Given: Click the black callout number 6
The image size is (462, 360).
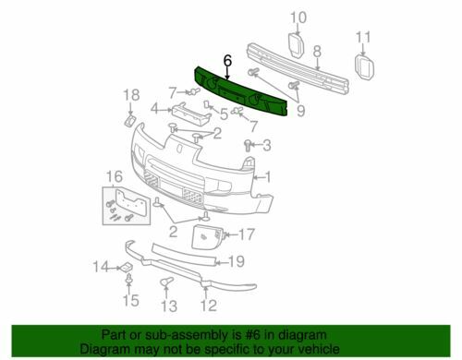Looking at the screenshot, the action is click(227, 61).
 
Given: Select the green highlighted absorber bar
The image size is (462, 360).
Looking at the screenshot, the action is click(242, 92).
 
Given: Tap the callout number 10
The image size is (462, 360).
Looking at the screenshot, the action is click(298, 18).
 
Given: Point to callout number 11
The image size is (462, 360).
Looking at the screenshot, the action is click(363, 37).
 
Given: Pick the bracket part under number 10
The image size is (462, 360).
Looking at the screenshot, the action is click(297, 45).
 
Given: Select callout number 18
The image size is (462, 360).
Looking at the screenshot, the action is click(131, 95).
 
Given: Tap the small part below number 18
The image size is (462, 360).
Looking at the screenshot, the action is click(130, 120).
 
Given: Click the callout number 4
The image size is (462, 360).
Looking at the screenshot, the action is click(155, 109).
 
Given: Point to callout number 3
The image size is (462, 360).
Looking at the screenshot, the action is click(267, 145).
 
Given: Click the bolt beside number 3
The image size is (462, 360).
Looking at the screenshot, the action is click(248, 145).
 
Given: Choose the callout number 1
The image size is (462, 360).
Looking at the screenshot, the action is click(268, 177).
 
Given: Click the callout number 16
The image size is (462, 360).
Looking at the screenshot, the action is click(115, 176).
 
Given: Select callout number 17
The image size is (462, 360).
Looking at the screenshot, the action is click(247, 234).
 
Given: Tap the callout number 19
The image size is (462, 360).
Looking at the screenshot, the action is click(237, 261).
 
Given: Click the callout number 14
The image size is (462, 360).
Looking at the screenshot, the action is click(101, 267).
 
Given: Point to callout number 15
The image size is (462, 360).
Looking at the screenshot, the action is click(131, 300).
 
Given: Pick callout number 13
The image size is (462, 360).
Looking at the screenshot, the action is click(169, 306).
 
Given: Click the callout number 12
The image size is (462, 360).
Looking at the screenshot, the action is click(209, 306).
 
